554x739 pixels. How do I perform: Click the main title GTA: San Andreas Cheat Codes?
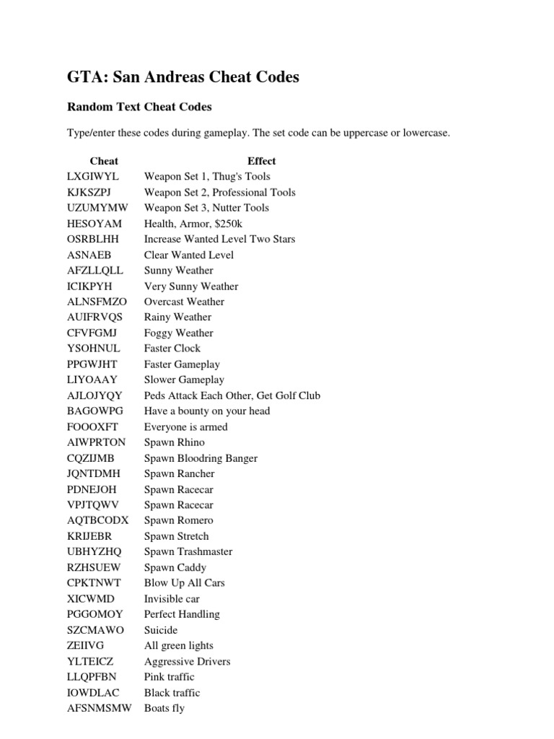183,76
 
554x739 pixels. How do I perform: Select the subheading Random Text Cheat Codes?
139,107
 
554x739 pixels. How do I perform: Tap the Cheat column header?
104,161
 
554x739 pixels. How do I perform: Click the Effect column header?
261,161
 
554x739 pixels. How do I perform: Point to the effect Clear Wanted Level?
189,255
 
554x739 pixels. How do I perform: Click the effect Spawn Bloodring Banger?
201,458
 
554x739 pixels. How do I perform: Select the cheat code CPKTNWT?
94,583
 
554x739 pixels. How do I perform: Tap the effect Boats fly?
164,708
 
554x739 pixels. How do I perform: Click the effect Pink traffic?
169,677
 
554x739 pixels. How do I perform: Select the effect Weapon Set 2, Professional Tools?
219,193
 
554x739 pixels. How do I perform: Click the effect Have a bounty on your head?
207,411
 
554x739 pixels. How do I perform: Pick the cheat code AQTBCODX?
97,520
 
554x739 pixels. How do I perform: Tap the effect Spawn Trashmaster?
188,552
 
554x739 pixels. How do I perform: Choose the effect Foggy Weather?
179,333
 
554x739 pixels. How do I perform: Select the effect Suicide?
161,630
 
